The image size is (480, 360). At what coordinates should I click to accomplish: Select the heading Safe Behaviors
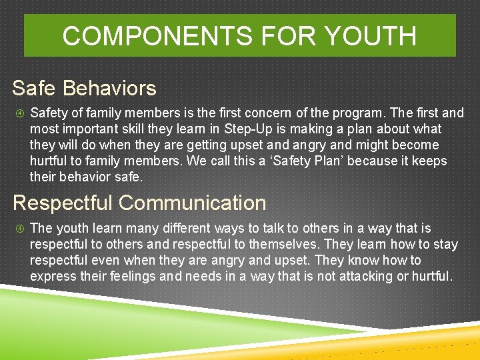(84, 88)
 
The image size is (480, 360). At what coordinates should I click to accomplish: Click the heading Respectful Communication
(139, 203)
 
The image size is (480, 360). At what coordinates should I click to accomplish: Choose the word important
(91, 129)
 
